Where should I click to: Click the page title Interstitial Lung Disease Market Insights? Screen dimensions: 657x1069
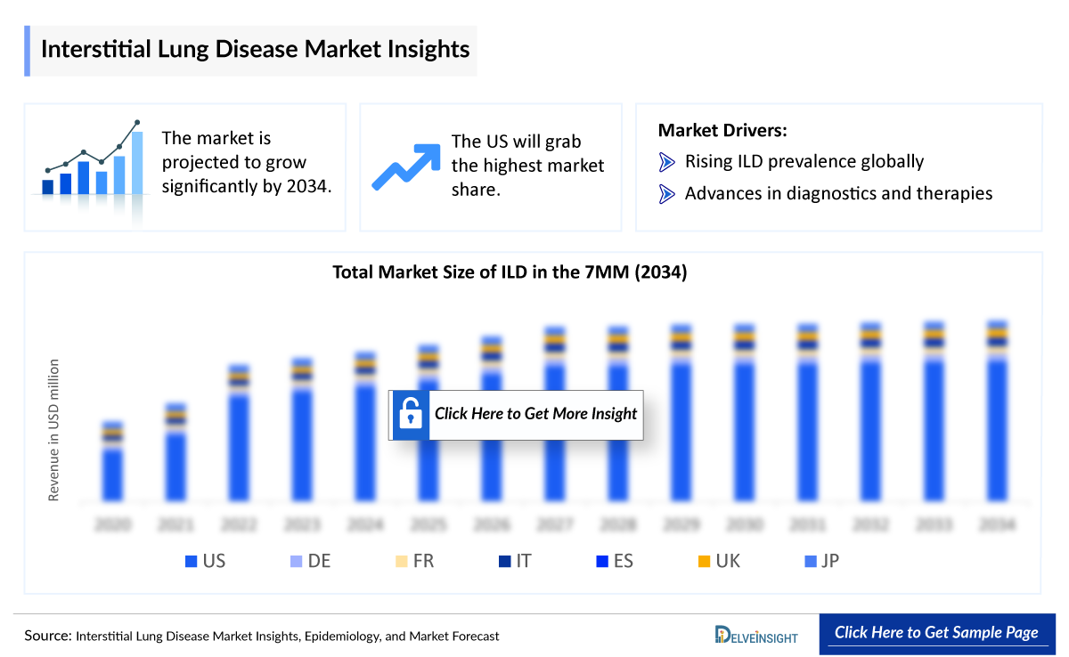pos(255,48)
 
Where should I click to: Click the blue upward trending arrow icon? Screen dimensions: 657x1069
pos(406,166)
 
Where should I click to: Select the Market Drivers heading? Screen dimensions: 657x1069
pos(722,131)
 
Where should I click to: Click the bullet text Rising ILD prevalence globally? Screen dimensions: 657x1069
pos(804,161)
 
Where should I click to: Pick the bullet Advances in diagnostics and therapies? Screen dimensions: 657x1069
pos(837,193)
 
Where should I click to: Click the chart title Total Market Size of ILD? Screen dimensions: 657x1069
pos(510,272)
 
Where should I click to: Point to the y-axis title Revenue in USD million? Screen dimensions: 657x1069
pos(54,430)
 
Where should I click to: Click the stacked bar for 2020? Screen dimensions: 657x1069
pos(112,461)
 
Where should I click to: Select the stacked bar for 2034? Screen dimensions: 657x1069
pos(998,410)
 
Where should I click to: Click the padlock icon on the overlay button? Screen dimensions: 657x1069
pos(410,414)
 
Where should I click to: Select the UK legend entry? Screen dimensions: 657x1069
pos(718,561)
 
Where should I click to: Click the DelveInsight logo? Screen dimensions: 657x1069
pos(756,635)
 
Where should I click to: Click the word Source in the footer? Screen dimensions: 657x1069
pos(47,636)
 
